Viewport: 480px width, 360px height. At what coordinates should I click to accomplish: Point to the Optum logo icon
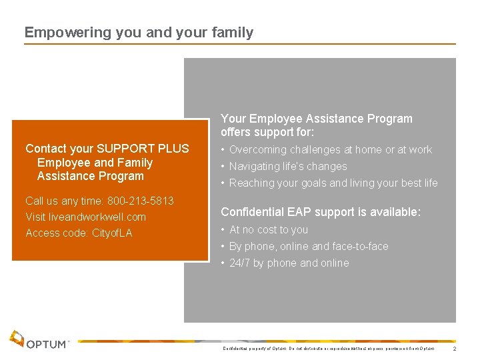click(x=17, y=339)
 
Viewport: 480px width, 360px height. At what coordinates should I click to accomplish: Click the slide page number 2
click(x=454, y=349)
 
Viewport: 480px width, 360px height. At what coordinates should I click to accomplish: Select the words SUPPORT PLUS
click(x=143, y=149)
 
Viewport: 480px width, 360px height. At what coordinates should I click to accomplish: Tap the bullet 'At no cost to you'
click(x=268, y=229)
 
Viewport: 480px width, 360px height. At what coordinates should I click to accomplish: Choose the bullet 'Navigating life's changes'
click(x=287, y=166)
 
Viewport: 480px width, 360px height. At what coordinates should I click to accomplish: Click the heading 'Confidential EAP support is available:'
click(x=321, y=212)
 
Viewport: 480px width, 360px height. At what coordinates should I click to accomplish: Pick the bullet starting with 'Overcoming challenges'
click(x=330, y=149)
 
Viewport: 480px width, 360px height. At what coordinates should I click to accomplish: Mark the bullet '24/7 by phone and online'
click(x=289, y=263)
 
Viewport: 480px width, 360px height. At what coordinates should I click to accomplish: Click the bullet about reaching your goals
click(x=333, y=183)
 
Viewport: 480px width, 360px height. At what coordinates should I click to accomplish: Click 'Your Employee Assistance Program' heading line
click(x=317, y=119)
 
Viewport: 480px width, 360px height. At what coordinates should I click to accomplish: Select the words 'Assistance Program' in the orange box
click(x=90, y=176)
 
